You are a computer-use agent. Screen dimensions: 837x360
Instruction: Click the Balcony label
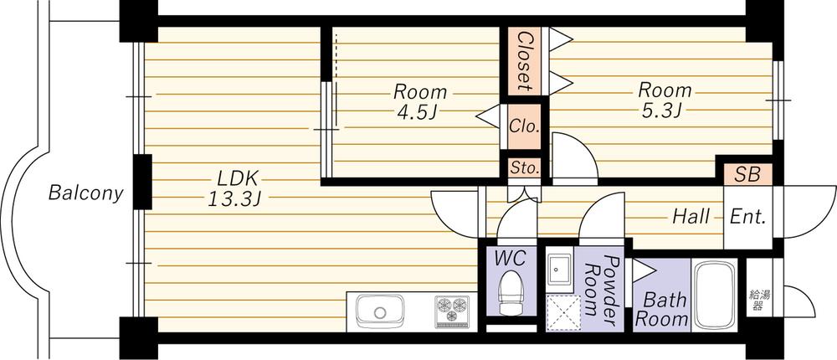[x=85, y=193]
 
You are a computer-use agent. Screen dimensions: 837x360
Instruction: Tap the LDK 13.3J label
[x=239, y=188]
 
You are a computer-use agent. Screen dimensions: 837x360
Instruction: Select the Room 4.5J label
[x=420, y=100]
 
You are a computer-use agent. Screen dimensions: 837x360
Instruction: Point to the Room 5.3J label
[x=665, y=99]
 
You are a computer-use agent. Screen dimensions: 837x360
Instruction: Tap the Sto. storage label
[x=525, y=167]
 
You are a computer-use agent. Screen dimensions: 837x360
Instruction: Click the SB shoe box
[x=747, y=175]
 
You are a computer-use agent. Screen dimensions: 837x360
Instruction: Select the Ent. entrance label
[x=747, y=217]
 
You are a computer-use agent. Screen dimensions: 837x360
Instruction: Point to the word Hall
[x=691, y=217]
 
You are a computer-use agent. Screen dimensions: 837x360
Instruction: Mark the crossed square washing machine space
[x=561, y=311]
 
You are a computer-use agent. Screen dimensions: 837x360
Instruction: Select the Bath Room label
[x=661, y=308]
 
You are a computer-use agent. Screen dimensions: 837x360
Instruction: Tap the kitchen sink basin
[x=380, y=313]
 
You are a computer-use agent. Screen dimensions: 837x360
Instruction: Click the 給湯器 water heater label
[x=755, y=300]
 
